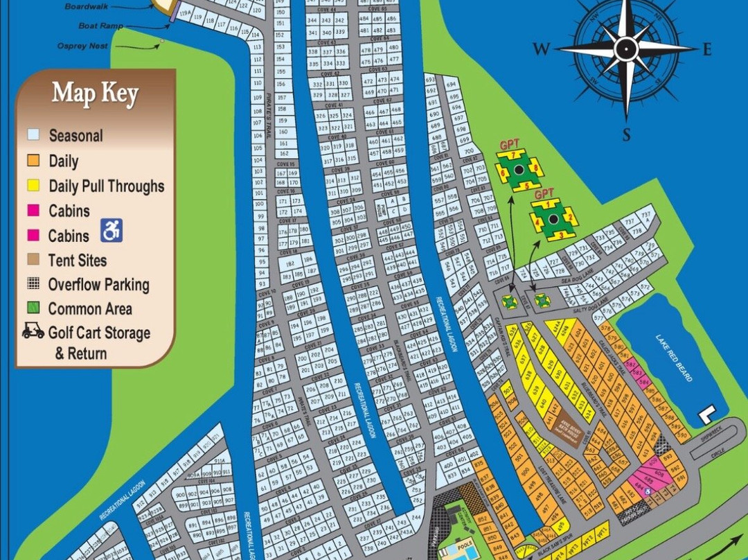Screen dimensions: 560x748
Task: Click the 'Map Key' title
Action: (96, 94)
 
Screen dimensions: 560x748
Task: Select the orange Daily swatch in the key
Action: (33, 161)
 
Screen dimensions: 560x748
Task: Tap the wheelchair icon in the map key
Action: (112, 231)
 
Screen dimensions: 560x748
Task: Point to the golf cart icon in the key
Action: (33, 331)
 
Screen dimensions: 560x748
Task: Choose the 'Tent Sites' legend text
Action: (78, 261)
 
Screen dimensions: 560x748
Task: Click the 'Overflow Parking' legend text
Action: (98, 285)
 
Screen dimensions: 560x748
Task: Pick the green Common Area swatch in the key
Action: (33, 308)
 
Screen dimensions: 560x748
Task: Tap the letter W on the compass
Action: (542, 49)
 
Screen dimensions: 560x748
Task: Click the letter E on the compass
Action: (707, 49)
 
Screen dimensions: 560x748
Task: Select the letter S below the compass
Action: (626, 134)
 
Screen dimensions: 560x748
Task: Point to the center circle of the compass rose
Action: (626, 48)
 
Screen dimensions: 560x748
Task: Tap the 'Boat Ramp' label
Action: (101, 26)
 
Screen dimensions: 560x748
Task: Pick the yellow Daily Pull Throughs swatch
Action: (33, 186)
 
